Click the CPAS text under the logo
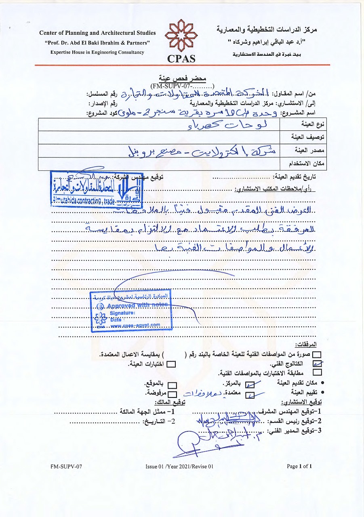click(181, 58)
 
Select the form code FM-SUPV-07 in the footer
click(66, 467)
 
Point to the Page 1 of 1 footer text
click(299, 466)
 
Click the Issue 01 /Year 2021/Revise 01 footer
click(179, 467)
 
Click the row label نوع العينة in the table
click(315, 124)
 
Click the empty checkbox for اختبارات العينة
click(172, 364)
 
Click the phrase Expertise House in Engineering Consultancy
click(97, 53)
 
